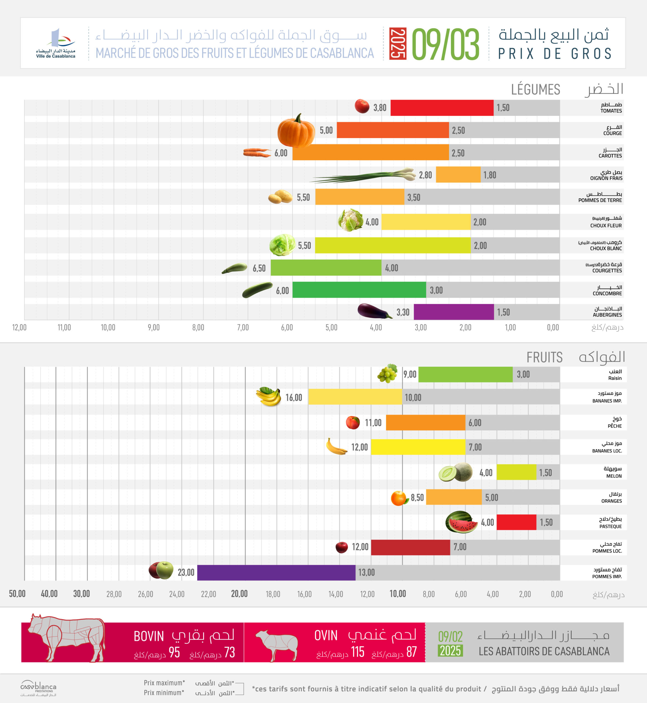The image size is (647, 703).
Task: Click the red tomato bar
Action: pyautogui.click(x=442, y=108)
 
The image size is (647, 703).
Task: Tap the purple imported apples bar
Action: pyautogui.click(x=276, y=572)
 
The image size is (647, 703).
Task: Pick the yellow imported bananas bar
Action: pyautogui.click(x=355, y=397)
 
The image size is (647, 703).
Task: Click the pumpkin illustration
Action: pyautogui.click(x=296, y=131)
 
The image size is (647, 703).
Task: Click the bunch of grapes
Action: pyautogui.click(x=387, y=373)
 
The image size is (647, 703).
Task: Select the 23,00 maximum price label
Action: pyautogui.click(x=186, y=572)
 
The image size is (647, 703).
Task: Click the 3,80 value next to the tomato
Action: pyautogui.click(x=380, y=108)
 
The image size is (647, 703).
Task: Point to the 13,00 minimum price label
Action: pyautogui.click(x=366, y=572)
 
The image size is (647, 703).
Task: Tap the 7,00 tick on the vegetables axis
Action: pyautogui.click(x=243, y=328)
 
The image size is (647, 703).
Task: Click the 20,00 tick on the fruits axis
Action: pyautogui.click(x=239, y=594)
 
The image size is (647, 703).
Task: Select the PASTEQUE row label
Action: pyautogui.click(x=610, y=526)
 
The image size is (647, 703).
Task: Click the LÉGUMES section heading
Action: pyautogui.click(x=535, y=90)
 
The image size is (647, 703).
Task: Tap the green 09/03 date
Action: pyautogui.click(x=445, y=44)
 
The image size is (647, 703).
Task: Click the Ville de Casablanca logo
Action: pyautogui.click(x=56, y=44)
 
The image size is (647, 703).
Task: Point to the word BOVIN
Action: pyautogui.click(x=149, y=636)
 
